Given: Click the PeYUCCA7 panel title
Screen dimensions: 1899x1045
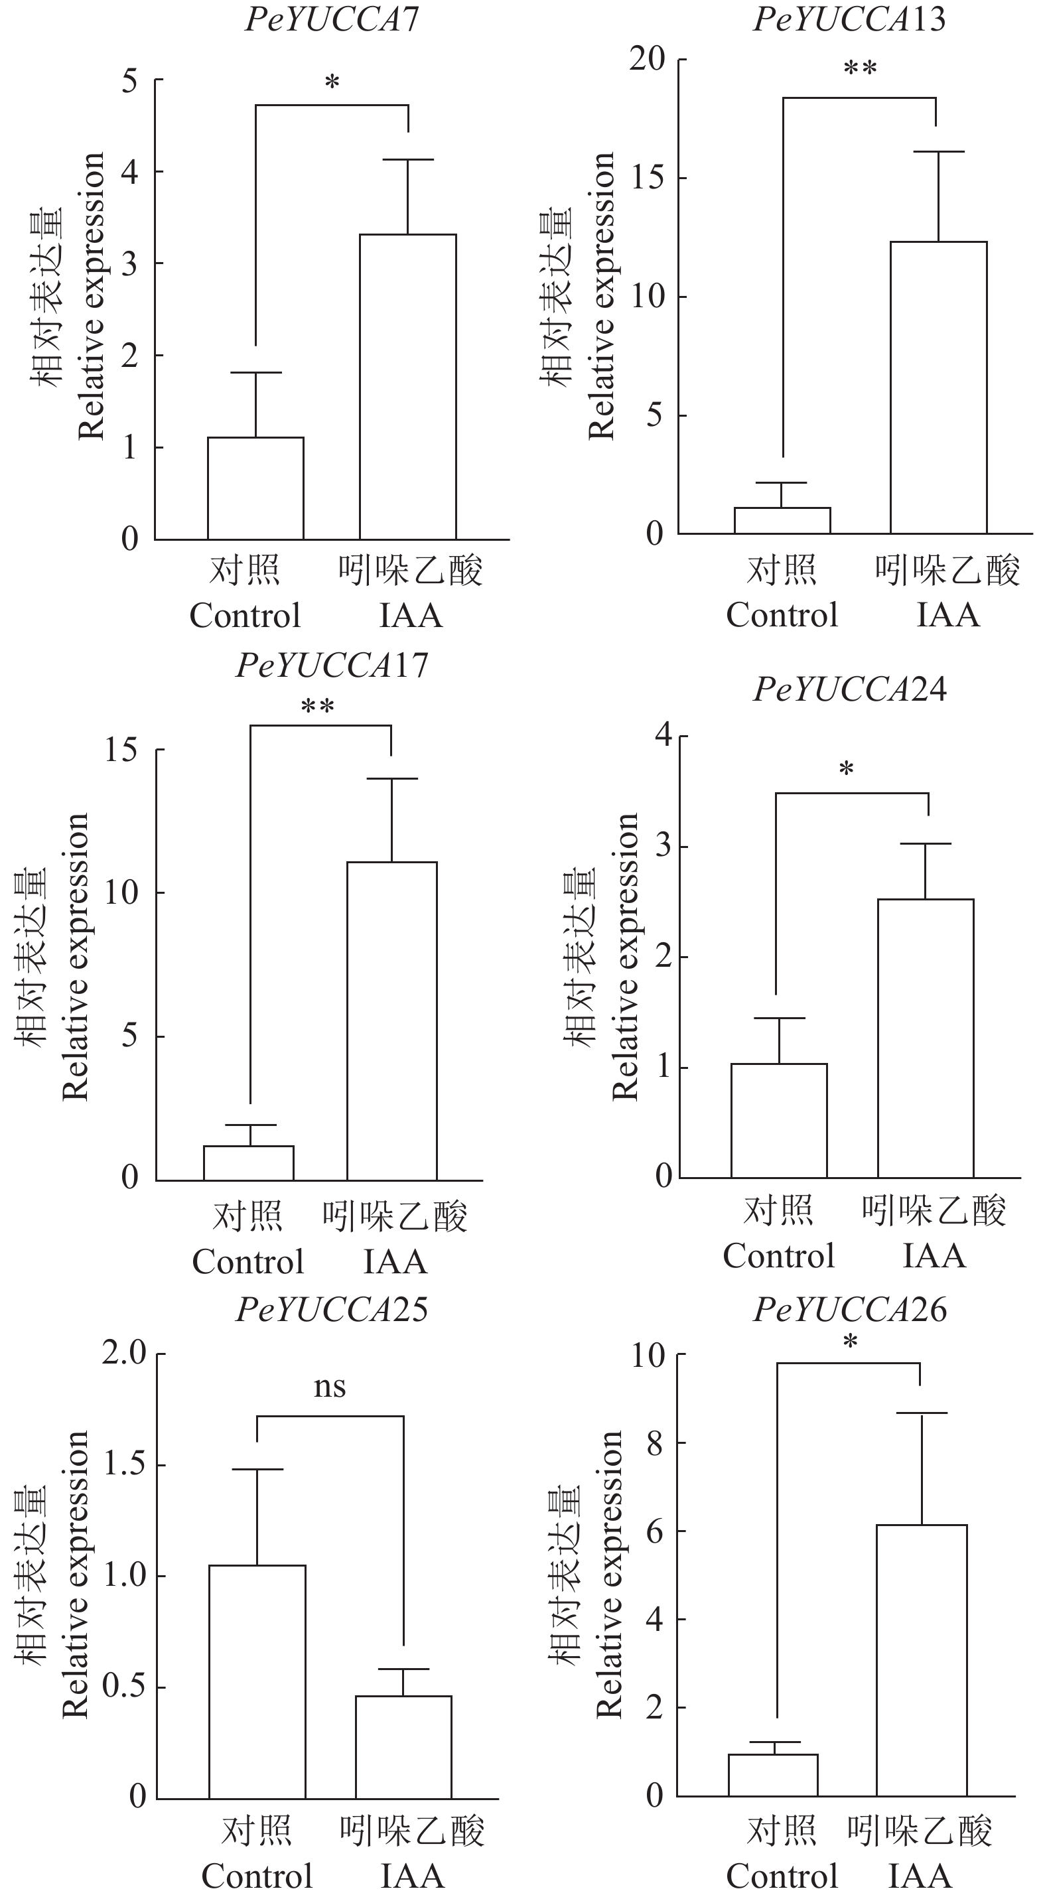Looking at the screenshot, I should (x=332, y=19).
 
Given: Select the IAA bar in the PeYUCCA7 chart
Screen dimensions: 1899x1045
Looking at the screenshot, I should (x=407, y=387).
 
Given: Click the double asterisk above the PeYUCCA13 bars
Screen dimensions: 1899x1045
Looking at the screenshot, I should (x=860, y=69).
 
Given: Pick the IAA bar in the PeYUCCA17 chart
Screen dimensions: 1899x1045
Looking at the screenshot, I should (x=391, y=1021).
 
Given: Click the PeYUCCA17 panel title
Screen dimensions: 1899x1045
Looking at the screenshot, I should (x=332, y=665).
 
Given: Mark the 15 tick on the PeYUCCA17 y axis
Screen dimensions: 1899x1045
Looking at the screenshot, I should (x=121, y=750).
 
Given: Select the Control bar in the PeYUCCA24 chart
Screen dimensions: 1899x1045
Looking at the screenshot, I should (x=779, y=1121).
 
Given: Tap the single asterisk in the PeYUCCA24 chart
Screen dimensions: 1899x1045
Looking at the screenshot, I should (x=846, y=770).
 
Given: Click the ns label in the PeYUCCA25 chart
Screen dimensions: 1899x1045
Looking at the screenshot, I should (x=329, y=1387).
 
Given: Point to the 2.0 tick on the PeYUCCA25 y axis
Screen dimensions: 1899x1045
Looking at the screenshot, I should (x=124, y=1354).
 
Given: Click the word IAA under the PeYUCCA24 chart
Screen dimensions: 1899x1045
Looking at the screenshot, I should (x=934, y=1255).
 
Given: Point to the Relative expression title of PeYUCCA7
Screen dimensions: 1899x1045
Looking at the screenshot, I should (x=91, y=297).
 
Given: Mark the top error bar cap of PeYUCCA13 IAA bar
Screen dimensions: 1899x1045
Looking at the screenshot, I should (x=939, y=151).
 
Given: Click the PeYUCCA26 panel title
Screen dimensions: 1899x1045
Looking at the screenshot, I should (x=850, y=1309).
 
